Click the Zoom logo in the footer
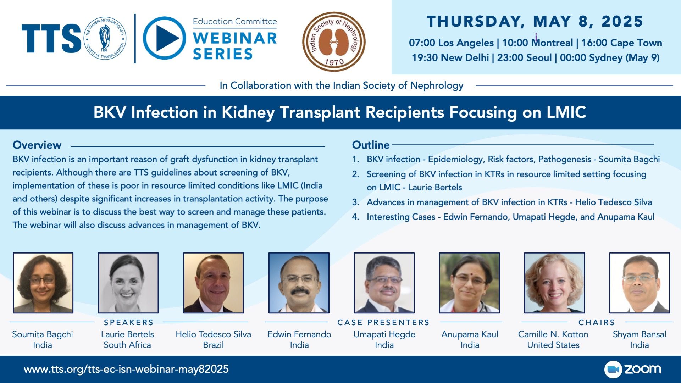point(633,369)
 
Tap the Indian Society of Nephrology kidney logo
point(334,41)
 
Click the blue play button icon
point(164,38)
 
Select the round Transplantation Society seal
point(105,38)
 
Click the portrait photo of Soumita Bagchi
point(43,283)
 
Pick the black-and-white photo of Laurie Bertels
point(128,283)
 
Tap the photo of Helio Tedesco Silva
point(214,283)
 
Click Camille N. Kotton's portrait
point(554,283)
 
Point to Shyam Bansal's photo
point(640,283)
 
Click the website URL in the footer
point(126,369)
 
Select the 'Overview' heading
point(37,145)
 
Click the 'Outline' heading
point(371,145)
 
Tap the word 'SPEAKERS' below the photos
point(128,322)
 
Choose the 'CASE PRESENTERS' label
point(383,322)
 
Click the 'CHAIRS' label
point(597,322)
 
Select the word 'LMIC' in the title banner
point(566,112)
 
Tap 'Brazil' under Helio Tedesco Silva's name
point(213,345)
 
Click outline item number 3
point(502,202)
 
